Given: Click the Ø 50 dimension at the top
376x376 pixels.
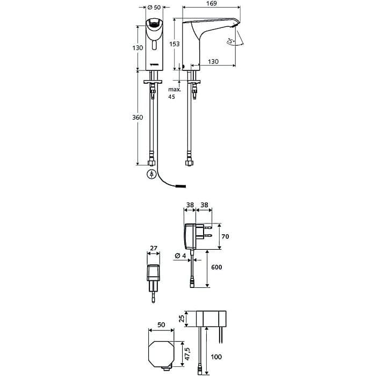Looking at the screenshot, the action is pyautogui.click(x=154, y=8).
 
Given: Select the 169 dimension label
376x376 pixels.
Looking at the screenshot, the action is pyautogui.click(x=211, y=3).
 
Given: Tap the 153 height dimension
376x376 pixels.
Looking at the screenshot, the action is pyautogui.click(x=175, y=44).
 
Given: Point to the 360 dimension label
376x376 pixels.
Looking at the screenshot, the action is pyautogui.click(x=138, y=117).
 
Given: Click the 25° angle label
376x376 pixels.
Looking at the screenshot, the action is pyautogui.click(x=230, y=41).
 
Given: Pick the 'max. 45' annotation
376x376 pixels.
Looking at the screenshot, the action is pyautogui.click(x=175, y=93).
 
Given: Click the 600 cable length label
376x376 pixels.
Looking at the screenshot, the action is pyautogui.click(x=216, y=267).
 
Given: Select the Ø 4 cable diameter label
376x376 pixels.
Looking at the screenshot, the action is pyautogui.click(x=180, y=256).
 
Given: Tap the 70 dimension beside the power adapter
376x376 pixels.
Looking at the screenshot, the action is pyautogui.click(x=225, y=236).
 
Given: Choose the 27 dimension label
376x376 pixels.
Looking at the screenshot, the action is pyautogui.click(x=154, y=248).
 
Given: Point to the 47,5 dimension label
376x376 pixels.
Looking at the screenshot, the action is pyautogui.click(x=187, y=354).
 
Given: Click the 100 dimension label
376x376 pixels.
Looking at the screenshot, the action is pyautogui.click(x=216, y=357).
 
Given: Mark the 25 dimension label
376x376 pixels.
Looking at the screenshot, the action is pyautogui.click(x=182, y=319).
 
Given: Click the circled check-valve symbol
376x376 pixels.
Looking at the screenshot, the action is pyautogui.click(x=151, y=174).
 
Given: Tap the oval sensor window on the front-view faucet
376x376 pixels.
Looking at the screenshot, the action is pyautogui.click(x=154, y=45).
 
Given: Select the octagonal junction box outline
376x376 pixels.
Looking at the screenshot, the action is pyautogui.click(x=161, y=354).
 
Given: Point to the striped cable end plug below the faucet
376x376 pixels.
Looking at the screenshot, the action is pyautogui.click(x=181, y=186).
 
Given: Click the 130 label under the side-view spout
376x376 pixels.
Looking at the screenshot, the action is pyautogui.click(x=213, y=62).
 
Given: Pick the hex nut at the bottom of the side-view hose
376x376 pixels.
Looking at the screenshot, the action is pyautogui.click(x=189, y=163).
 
